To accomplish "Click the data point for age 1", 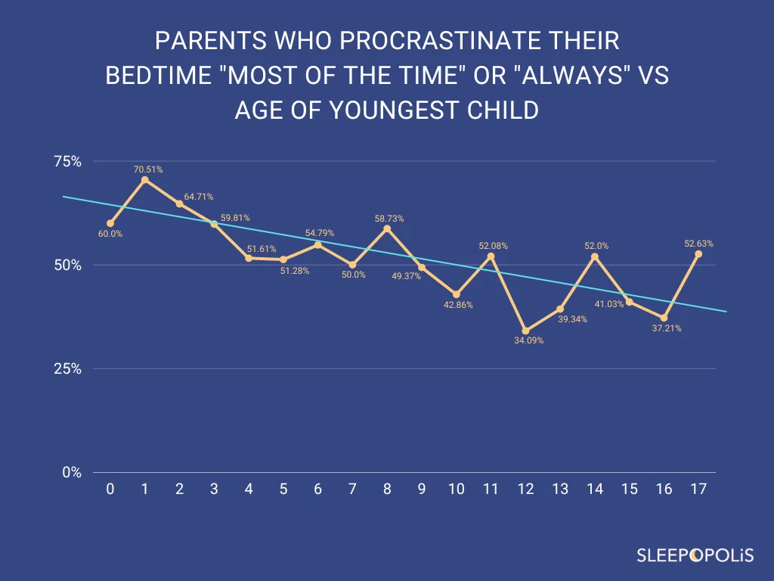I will click(144, 179).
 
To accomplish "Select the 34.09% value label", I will click(528, 340).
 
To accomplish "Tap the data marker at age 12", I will click(525, 331).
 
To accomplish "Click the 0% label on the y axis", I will click(72, 472).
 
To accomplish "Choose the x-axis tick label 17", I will click(698, 489).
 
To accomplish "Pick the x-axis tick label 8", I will click(387, 489).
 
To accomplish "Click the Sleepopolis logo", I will click(694, 556).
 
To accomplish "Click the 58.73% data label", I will click(389, 219).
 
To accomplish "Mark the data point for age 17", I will click(698, 253).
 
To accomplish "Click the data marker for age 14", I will click(595, 256).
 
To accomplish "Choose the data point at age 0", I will click(110, 223).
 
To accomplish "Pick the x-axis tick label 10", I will click(456, 489).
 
